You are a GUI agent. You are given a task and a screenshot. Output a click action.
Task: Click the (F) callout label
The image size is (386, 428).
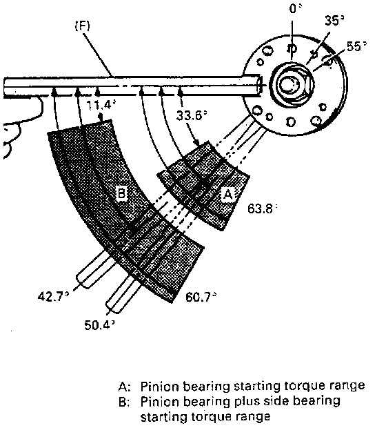[82, 26]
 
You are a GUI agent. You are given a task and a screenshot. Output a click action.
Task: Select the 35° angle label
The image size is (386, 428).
[334, 21]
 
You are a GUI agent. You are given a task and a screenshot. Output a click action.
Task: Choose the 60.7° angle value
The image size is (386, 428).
[201, 297]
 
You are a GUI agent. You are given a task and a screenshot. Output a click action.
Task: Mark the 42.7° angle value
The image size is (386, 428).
[54, 296]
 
